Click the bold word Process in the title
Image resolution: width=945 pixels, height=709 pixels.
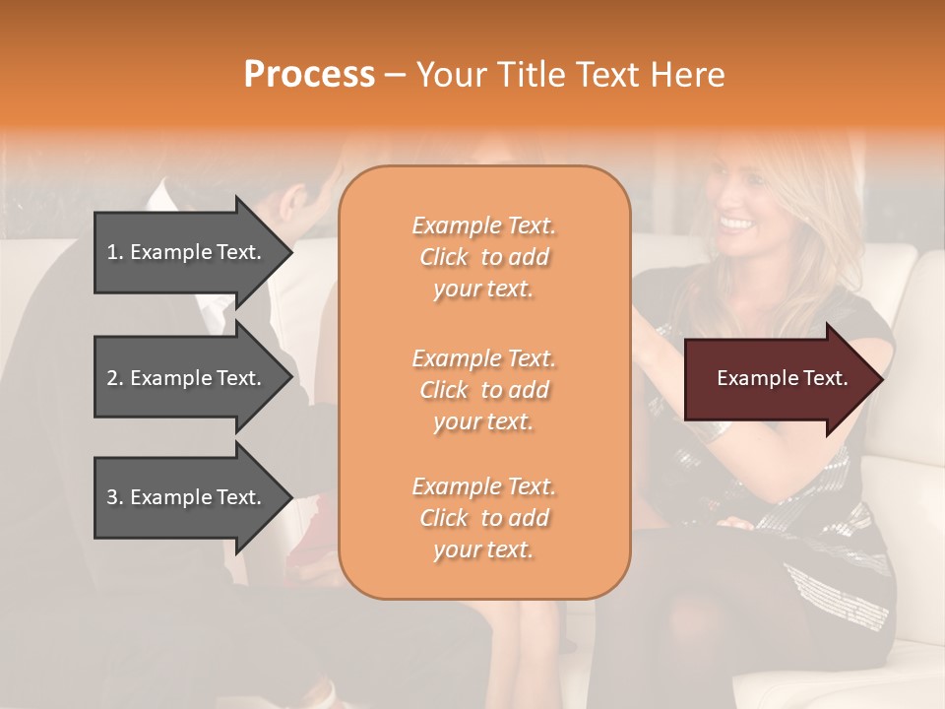(x=309, y=75)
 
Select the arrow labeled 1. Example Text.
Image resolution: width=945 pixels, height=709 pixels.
(x=187, y=252)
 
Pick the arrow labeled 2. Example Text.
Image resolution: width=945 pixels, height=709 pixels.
(x=187, y=378)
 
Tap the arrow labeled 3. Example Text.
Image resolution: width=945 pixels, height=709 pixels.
(x=187, y=497)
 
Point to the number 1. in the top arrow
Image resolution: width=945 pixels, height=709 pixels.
(x=115, y=252)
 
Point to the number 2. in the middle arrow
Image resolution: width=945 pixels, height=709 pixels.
(x=115, y=378)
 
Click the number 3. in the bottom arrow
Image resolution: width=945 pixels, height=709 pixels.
(x=115, y=497)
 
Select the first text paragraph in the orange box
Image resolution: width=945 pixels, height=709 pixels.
(x=483, y=257)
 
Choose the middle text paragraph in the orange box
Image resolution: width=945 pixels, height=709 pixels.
(x=483, y=390)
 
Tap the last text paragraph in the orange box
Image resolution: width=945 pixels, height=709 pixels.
(x=483, y=518)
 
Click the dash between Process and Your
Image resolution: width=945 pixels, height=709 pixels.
(x=395, y=75)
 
